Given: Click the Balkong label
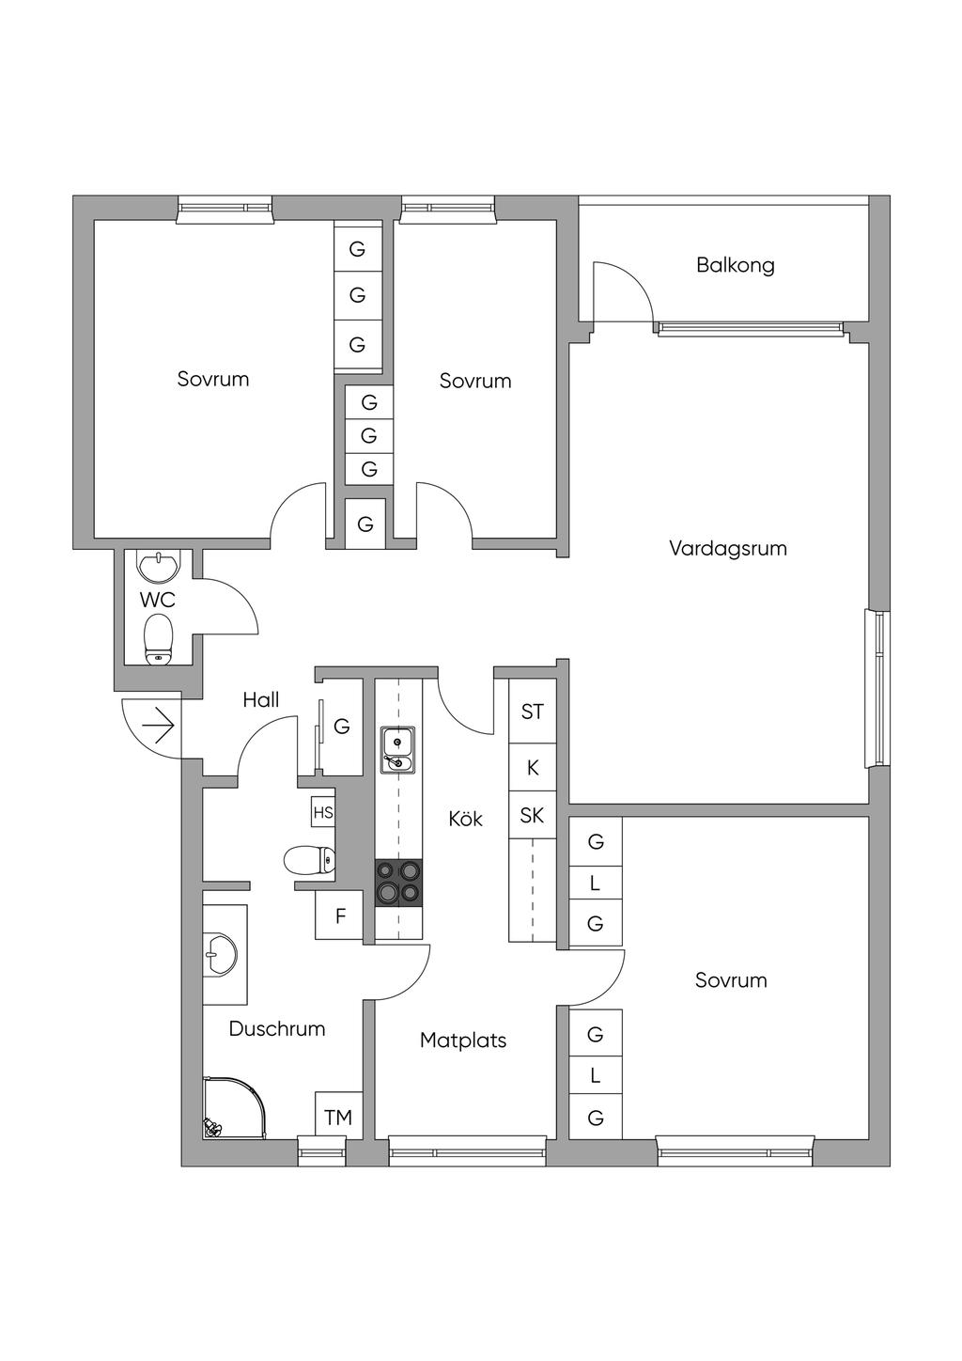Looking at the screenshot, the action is (x=735, y=265).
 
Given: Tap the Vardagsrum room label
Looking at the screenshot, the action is (x=727, y=548).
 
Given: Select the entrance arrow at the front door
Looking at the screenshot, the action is (x=158, y=726).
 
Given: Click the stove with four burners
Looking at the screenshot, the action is (x=398, y=883).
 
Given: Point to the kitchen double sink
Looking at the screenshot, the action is (x=398, y=750).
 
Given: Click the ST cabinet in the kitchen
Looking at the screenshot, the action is (x=532, y=712).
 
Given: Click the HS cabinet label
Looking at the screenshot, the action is (x=323, y=812).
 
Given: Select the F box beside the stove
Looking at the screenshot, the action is (x=339, y=915).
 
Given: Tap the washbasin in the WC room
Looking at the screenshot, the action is (x=159, y=566).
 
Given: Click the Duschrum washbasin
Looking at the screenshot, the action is (x=222, y=954).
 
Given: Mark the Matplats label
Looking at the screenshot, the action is (x=463, y=1040).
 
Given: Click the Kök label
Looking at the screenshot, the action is (x=465, y=819).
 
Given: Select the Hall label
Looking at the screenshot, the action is (x=260, y=700).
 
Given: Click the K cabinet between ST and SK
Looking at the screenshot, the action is (x=532, y=767).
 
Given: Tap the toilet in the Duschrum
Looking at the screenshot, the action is (x=309, y=860).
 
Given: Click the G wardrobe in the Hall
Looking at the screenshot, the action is (x=341, y=726).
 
